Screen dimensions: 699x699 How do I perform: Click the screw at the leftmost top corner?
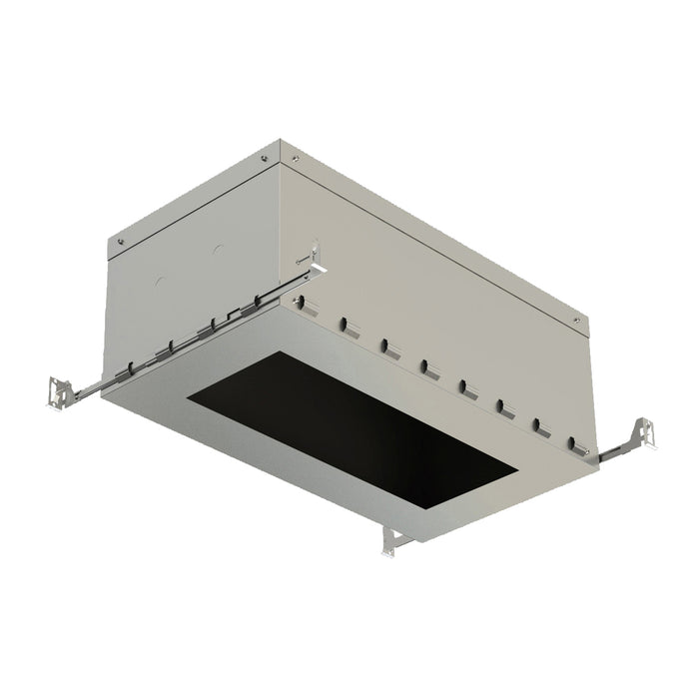(120, 240)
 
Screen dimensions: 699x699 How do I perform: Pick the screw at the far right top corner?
(575, 320)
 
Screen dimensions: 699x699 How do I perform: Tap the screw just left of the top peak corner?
(264, 157)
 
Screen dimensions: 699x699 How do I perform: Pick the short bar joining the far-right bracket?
(611, 449)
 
